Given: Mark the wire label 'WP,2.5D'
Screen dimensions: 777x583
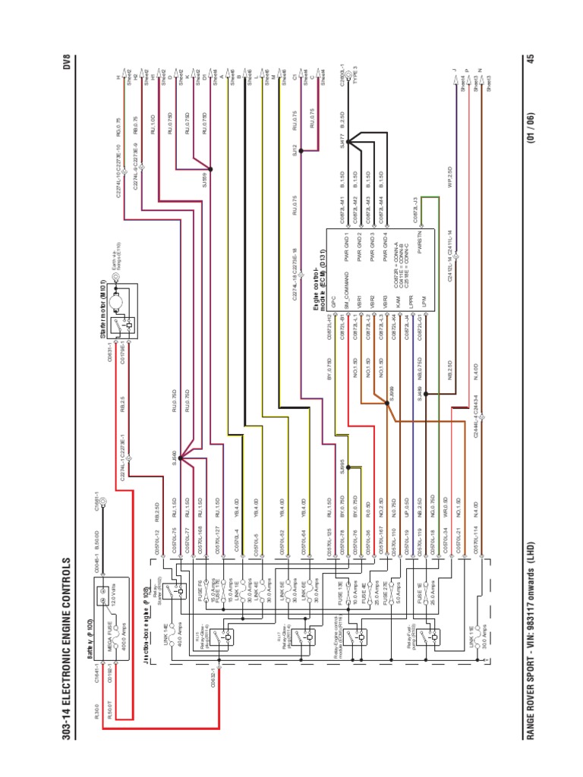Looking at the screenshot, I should coord(450,176).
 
